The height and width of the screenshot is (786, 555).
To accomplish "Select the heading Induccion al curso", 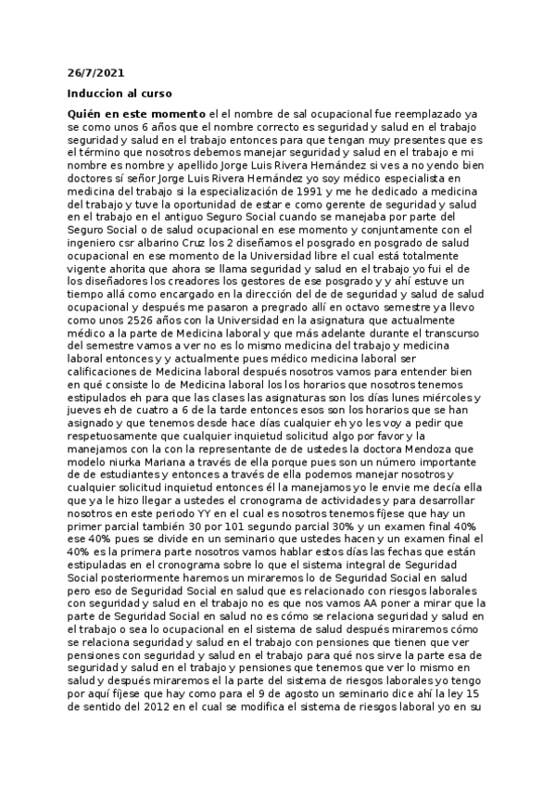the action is tap(120, 95).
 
